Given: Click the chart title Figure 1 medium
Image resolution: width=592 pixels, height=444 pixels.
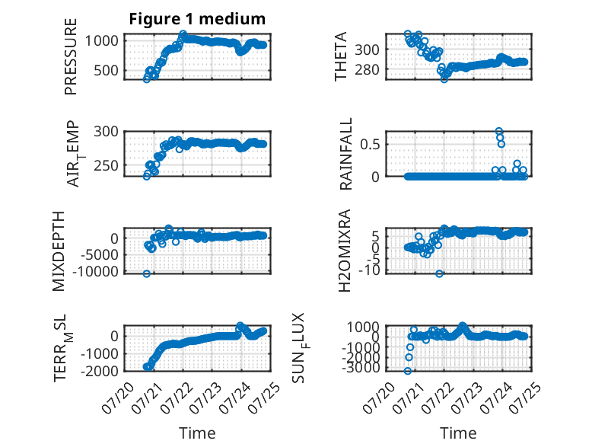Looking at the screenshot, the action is tap(197, 19).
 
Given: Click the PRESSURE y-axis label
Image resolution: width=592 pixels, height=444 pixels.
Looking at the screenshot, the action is tap(71, 56).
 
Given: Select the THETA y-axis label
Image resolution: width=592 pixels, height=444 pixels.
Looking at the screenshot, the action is tap(341, 56).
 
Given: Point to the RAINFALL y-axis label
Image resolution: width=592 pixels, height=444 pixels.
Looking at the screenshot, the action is tap(345, 153).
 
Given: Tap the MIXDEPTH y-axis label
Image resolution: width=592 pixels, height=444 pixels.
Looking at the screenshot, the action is tap(59, 251).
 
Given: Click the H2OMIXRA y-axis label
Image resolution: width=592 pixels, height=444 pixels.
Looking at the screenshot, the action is tap(345, 251).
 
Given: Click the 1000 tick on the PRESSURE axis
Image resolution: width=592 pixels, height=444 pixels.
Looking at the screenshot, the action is tap(101, 41).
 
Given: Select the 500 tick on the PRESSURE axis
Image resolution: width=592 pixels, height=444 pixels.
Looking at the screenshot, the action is tap(106, 70).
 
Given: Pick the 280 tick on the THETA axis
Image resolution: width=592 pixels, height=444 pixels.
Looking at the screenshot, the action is tap(367, 69).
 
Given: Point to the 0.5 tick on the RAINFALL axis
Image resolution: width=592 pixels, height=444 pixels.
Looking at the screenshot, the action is tap(370, 144).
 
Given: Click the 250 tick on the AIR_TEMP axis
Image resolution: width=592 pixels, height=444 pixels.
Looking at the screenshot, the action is tap(106, 165).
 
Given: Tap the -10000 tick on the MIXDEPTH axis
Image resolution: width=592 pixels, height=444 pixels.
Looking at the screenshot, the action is tap(96, 271).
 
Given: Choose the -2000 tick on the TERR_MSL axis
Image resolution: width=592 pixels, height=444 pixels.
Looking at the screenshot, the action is tap(100, 371).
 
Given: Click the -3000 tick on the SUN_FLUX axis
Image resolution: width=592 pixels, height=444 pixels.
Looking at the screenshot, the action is tap(361, 367).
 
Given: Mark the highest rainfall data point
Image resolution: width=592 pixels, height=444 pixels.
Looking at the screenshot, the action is tap(499, 131).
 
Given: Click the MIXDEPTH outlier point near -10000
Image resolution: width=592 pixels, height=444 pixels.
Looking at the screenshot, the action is tap(147, 273).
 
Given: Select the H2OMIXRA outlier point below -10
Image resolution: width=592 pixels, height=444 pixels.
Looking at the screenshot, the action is tap(439, 273).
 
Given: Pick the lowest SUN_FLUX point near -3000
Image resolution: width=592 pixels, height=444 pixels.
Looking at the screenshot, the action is tap(407, 371).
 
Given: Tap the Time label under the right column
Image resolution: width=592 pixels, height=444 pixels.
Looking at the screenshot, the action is tap(458, 433).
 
